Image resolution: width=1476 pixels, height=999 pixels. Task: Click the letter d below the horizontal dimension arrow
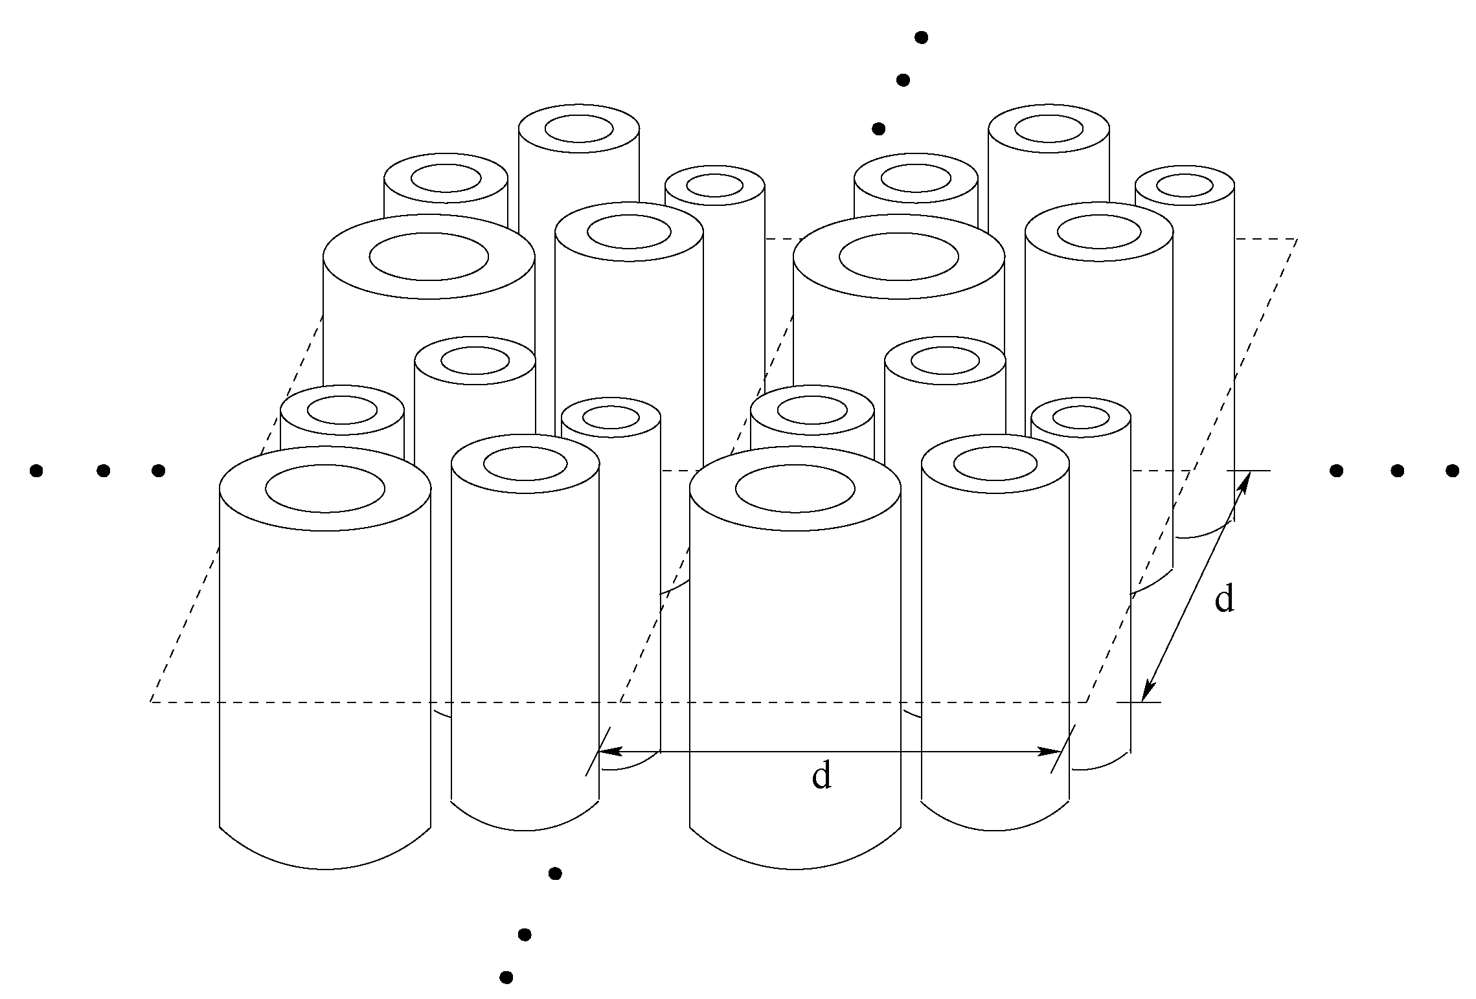[821, 775]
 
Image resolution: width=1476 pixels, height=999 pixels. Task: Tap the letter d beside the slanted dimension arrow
[1224, 599]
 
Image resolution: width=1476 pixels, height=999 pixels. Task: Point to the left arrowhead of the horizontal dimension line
[609, 752]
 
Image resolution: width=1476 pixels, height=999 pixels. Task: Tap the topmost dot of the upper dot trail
[921, 38]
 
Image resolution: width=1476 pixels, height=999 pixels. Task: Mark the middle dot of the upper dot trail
[902, 80]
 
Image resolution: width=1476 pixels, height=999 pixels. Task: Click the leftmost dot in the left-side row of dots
[37, 471]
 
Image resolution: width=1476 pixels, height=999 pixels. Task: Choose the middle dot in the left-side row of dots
[103, 471]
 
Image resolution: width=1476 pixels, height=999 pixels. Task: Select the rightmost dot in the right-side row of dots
[1452, 471]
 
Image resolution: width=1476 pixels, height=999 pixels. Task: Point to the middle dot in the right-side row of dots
[1397, 471]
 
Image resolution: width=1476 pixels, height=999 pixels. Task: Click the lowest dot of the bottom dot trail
[507, 977]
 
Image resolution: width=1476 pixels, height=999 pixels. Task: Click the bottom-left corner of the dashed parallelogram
[151, 702]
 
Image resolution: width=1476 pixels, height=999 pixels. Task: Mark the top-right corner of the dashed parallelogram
[1297, 239]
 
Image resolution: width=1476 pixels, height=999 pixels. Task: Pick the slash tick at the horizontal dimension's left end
[597, 752]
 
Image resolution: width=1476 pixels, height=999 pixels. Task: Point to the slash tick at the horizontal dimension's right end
[1062, 750]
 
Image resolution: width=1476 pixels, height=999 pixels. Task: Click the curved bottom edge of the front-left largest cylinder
[325, 869]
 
